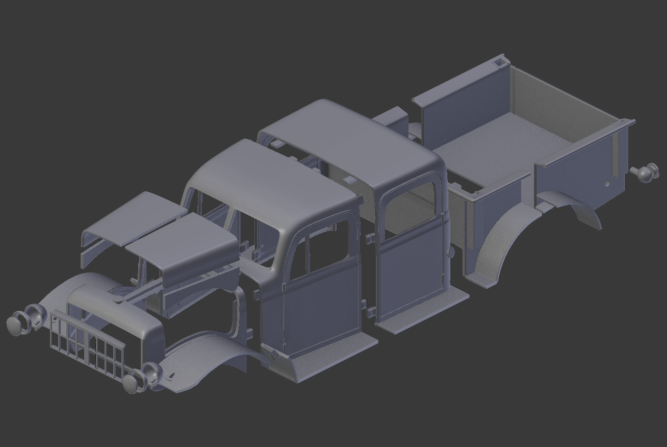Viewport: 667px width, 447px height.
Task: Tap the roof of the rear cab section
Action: [352, 143]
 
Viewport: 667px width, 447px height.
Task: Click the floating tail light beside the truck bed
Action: [646, 172]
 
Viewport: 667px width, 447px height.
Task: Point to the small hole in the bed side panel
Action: [607, 184]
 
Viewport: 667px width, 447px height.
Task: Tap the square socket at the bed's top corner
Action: [497, 63]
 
